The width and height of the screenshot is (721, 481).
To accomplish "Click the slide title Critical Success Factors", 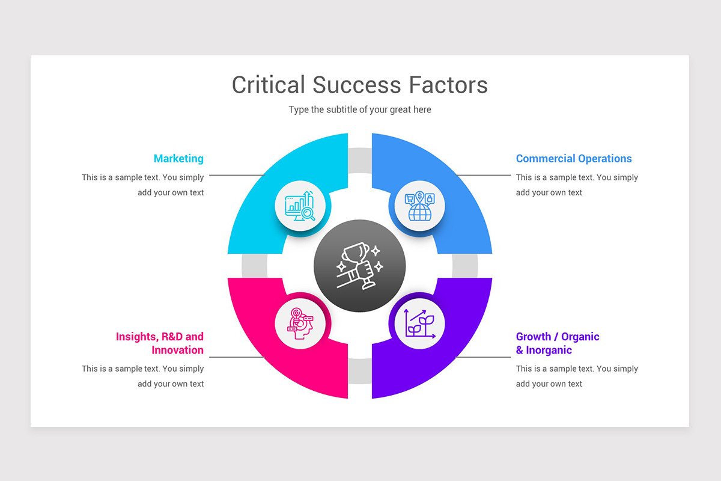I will [359, 85].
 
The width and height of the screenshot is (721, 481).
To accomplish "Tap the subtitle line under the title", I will [359, 109].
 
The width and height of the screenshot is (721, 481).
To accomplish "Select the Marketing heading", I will [178, 159].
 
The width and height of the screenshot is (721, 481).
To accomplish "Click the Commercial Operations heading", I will [574, 159].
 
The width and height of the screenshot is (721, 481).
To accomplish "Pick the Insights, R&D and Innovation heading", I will [160, 343].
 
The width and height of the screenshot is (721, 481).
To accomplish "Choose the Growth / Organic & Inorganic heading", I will [558, 343].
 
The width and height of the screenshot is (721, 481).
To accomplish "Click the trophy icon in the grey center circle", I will [359, 265].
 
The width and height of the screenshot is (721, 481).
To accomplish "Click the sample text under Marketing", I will [143, 185].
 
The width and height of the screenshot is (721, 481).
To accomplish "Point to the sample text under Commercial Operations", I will [577, 185].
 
